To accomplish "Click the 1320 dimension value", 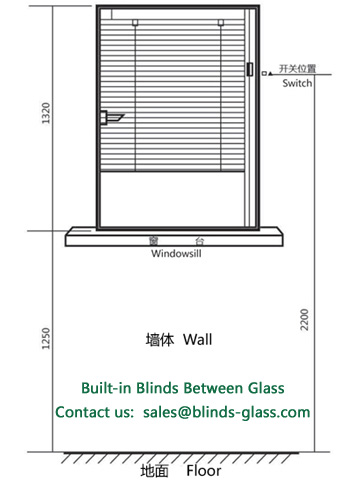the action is click(x=45, y=113).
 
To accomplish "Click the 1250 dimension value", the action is click(x=45, y=338).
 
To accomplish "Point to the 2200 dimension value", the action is click(x=304, y=320).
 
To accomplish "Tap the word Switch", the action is click(x=297, y=83).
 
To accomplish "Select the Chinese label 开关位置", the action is click(x=297, y=69).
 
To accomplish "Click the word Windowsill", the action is click(x=176, y=253).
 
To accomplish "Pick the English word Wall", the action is click(x=198, y=339).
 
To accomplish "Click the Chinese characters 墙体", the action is click(x=160, y=340).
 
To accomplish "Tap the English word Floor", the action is click(x=204, y=471).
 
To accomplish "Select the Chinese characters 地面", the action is click(x=154, y=471).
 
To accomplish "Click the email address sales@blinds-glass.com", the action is click(x=227, y=412).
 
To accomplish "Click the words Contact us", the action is click(x=94, y=412).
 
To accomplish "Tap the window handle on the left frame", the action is click(x=111, y=117).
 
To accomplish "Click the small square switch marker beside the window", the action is click(x=264, y=73).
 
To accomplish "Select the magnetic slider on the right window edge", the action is click(x=250, y=69).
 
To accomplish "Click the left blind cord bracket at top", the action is click(x=135, y=22).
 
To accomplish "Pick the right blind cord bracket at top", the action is click(x=220, y=22).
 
